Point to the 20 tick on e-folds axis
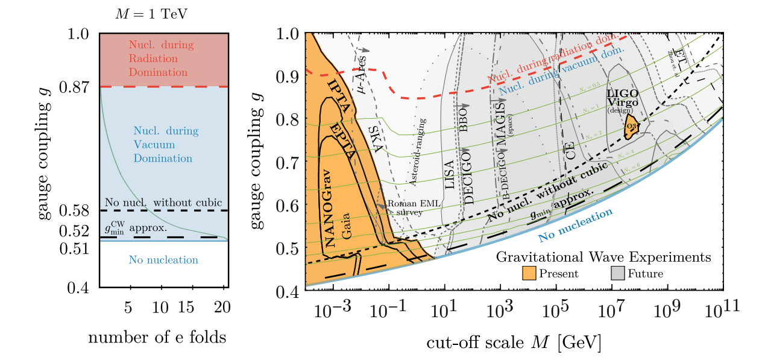coord(222,308)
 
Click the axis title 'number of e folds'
coord(157,337)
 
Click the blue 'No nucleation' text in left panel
coord(163,261)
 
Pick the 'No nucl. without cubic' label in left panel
coord(163,202)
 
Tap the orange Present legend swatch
coord(529,274)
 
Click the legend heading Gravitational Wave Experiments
coord(603,257)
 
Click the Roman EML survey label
coord(405,208)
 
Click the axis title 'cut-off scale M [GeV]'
coord(514,343)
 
